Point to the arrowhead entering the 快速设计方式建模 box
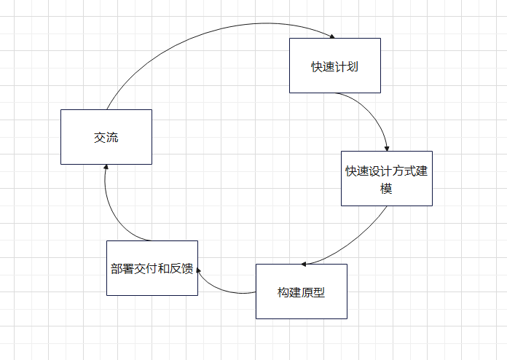(x=387, y=147)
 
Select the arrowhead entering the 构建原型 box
(x=305, y=262)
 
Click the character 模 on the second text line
(x=387, y=189)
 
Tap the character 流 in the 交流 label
(x=112, y=138)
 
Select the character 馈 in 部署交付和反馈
(x=187, y=268)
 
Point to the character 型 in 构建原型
(x=319, y=292)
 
